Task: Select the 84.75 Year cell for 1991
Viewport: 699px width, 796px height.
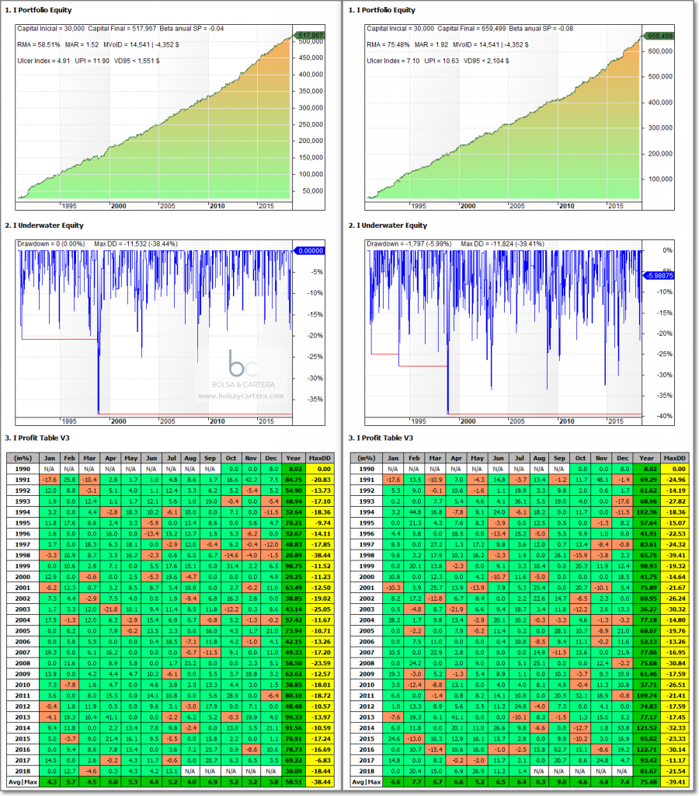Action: point(294,480)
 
